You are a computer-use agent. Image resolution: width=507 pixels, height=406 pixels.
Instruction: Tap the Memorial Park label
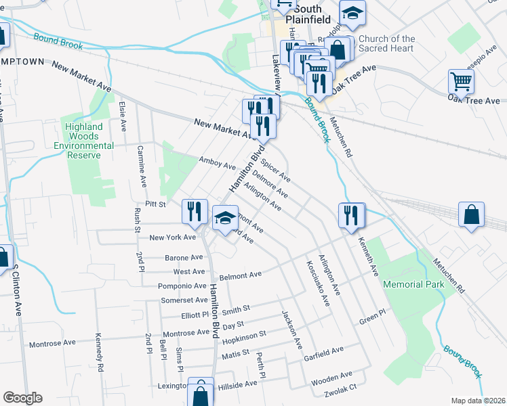[x=414, y=284]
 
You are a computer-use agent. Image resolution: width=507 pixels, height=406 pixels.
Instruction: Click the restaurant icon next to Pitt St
[x=195, y=210]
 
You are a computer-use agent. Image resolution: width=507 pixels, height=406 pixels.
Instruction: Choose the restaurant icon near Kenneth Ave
[x=351, y=216]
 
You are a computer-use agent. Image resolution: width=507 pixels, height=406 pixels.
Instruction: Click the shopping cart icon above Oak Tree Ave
[x=461, y=82]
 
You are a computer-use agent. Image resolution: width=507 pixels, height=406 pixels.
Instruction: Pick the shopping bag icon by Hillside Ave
[x=201, y=391]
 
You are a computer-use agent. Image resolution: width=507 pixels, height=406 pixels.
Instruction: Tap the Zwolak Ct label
[x=340, y=389]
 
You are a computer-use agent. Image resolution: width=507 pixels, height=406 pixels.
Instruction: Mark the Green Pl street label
[x=372, y=315]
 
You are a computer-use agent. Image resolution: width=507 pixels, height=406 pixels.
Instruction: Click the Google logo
[x=22, y=398]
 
